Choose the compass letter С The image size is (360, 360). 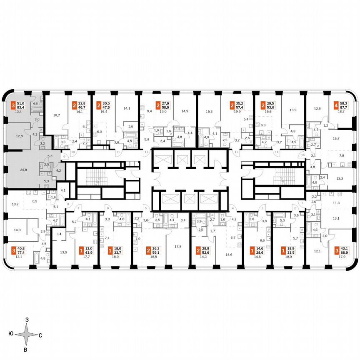[x=40, y=335]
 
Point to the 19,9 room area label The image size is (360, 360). [x=237, y=112]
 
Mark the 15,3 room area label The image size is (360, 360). [x=209, y=112]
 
